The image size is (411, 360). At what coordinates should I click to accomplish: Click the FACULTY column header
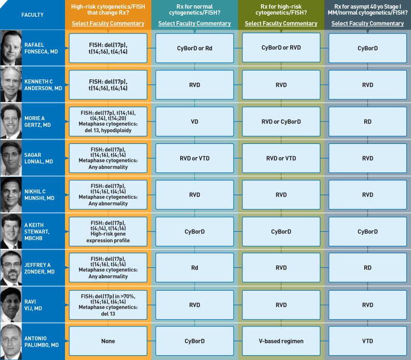coord(32,15)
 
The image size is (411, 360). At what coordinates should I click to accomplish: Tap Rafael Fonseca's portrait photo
coord(11,48)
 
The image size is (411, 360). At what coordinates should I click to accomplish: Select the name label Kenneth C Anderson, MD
coord(43,85)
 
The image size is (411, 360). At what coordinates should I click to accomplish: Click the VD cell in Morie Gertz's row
coord(195,121)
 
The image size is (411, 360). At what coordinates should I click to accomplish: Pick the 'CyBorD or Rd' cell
coord(195,48)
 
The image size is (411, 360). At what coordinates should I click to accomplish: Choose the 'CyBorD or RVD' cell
coord(281,48)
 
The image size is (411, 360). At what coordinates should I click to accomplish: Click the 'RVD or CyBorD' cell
coord(281,121)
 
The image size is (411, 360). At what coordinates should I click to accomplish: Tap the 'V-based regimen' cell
coord(281,341)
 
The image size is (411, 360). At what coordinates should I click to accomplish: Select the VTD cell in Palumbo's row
coord(368,341)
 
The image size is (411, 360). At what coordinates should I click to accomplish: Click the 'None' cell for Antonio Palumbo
coord(108,341)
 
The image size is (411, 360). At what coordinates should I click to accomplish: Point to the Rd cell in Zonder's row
coord(195,267)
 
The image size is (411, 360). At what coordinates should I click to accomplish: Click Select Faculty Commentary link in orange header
coord(108,23)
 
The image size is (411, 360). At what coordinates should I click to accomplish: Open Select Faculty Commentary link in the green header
coord(281,23)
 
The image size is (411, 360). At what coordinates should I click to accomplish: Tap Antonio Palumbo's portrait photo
coord(11,341)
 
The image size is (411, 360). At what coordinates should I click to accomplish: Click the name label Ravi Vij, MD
coord(33,305)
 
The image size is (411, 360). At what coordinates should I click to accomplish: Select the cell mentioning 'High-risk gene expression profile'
coord(108,231)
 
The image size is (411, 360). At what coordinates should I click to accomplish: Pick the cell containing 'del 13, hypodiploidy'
coord(108,121)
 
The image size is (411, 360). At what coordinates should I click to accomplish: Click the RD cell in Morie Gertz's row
coord(368,121)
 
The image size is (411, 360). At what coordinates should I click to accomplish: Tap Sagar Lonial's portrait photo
coord(11,158)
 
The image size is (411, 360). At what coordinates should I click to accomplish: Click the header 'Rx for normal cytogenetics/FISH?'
coord(195,10)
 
